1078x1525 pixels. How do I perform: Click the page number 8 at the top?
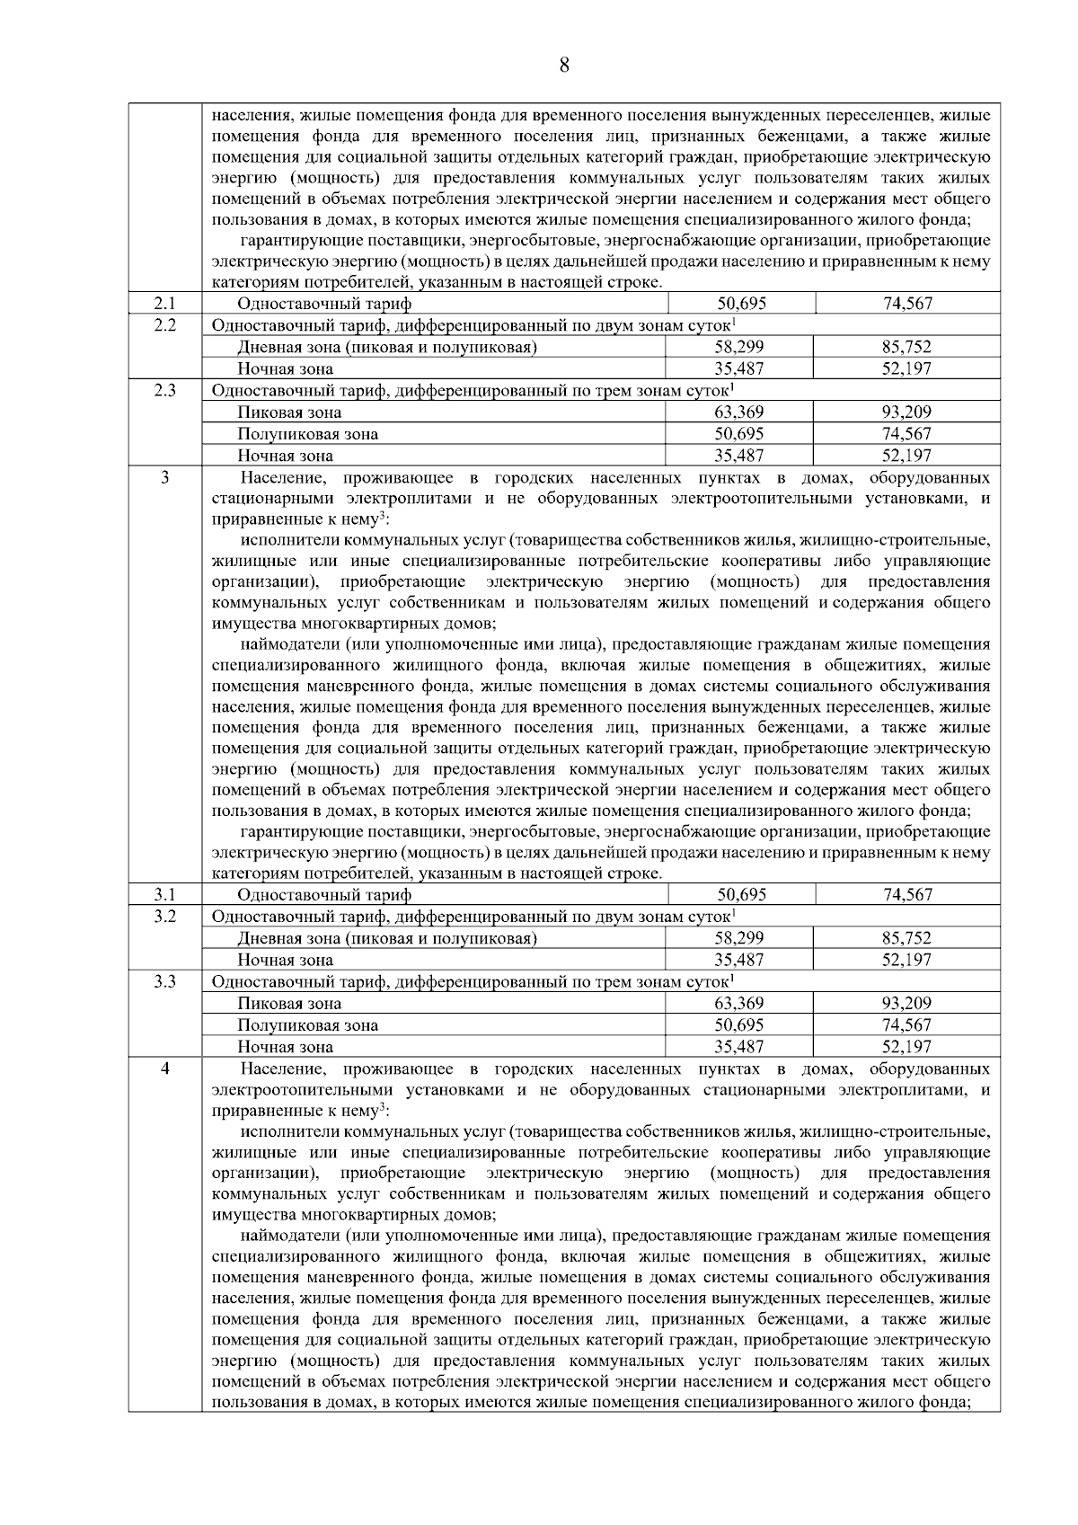click(564, 65)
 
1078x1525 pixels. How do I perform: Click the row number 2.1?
click(164, 303)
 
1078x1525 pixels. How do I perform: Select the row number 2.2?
click(164, 324)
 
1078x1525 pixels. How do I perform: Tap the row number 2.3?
click(164, 390)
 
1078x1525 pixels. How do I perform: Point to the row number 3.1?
click(164, 894)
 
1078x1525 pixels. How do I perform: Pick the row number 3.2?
click(164, 916)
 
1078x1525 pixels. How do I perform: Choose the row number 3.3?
click(164, 981)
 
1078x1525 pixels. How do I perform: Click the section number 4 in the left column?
click(164, 1068)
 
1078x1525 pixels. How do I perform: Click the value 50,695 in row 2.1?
click(741, 304)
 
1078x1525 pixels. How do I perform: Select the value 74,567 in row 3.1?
click(907, 895)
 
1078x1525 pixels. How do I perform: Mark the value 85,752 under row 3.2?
click(906, 938)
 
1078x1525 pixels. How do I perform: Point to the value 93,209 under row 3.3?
click(906, 1004)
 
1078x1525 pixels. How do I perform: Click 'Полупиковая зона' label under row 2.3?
click(307, 434)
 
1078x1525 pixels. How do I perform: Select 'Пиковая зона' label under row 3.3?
click(289, 1004)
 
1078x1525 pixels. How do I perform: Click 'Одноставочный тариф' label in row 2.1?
click(324, 304)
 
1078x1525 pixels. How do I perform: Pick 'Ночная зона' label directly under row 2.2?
click(285, 368)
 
